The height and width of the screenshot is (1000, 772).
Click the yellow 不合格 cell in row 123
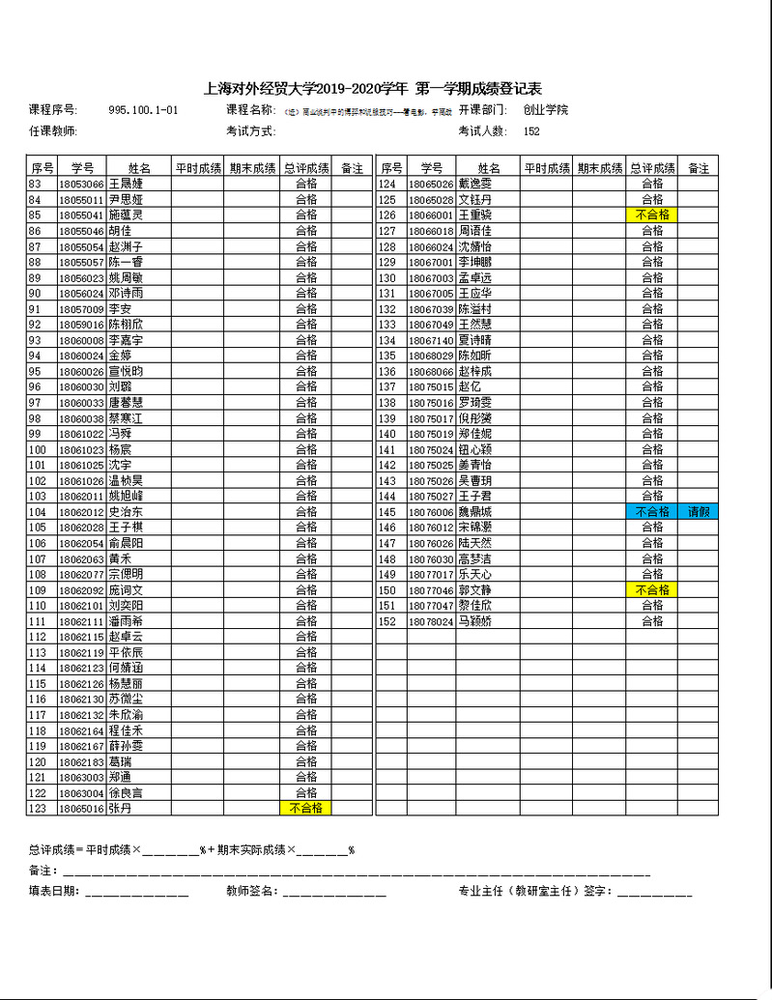pos(305,808)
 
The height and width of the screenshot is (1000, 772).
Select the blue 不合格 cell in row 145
pos(651,511)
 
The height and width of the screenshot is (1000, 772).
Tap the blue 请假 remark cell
pos(698,511)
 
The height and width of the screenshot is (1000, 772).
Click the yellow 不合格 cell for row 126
pos(651,214)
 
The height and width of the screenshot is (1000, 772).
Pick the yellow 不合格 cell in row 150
pos(651,589)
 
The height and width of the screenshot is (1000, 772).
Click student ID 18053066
pos(81,184)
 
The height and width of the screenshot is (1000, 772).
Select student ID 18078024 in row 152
pos(430,621)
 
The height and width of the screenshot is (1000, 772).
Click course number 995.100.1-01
pos(143,110)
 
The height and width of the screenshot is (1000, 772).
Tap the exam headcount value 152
pos(531,131)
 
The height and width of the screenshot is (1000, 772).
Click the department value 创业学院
pos(546,110)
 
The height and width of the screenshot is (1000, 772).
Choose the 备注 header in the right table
pos(698,167)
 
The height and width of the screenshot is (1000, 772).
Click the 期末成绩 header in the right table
pos(599,167)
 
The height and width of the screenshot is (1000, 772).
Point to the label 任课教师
pos(53,131)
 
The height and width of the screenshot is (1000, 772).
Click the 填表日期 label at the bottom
pos(54,891)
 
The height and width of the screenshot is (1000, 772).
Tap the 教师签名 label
pos(252,891)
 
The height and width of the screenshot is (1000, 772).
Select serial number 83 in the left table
pos(36,184)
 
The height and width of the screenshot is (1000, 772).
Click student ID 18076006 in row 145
pos(430,511)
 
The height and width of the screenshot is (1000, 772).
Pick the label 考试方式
pos(251,131)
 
